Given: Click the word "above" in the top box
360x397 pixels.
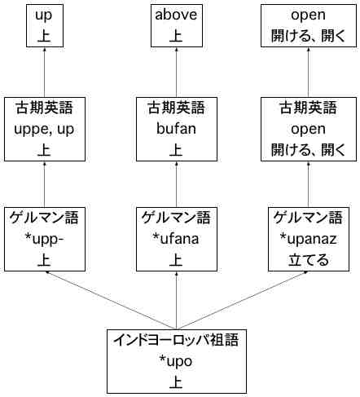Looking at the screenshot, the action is pyautogui.click(x=176, y=15).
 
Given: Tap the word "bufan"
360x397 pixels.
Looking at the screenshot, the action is pyautogui.click(x=176, y=129).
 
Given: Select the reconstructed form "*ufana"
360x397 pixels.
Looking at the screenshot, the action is pyautogui.click(x=176, y=239).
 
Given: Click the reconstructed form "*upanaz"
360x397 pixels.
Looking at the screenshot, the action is pyautogui.click(x=308, y=239).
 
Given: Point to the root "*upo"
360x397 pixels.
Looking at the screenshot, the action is pyautogui.click(x=176, y=362).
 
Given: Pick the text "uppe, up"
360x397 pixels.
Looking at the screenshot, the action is pyautogui.click(x=44, y=130).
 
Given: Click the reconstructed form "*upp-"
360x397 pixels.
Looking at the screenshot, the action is pyautogui.click(x=44, y=240).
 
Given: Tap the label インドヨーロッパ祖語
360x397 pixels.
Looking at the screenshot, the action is pyautogui.click(x=176, y=340).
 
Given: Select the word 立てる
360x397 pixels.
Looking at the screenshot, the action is pyautogui.click(x=308, y=260).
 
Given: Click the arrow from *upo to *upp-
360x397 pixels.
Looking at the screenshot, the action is pyautogui.click(x=111, y=300).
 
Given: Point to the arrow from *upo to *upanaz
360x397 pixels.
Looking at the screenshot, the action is pyautogui.click(x=243, y=300).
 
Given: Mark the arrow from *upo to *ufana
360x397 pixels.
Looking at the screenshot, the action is pyautogui.click(x=177, y=300).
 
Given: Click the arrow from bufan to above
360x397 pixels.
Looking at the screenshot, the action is pyautogui.click(x=177, y=72).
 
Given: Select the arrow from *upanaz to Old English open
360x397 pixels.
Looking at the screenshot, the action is pyautogui.click(x=309, y=184).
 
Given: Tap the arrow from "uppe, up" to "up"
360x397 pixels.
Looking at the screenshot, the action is pyautogui.click(x=45, y=72).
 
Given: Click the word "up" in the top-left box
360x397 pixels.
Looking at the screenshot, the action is pyautogui.click(x=44, y=15).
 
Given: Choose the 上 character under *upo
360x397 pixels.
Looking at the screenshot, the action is pyautogui.click(x=176, y=382).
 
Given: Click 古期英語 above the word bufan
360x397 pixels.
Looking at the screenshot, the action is pyautogui.click(x=176, y=108).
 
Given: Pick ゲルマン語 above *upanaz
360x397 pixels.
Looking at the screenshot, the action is pyautogui.click(x=308, y=218).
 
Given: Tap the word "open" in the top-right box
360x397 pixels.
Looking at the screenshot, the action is pyautogui.click(x=308, y=15).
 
